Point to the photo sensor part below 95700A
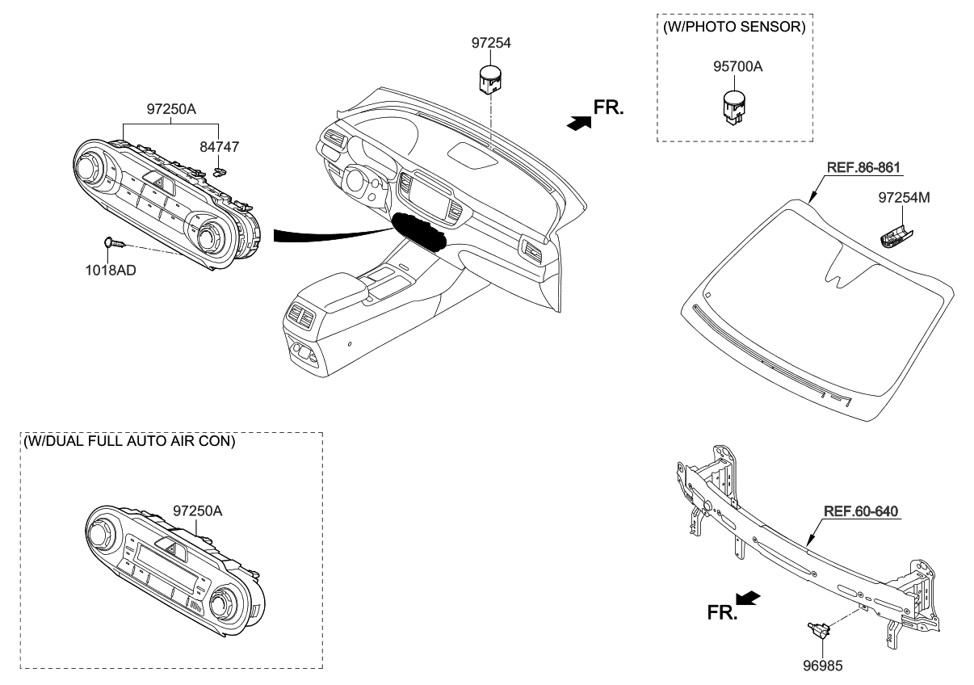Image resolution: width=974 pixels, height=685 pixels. (x=733, y=107)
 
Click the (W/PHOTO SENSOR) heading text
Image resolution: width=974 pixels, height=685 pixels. (x=733, y=27)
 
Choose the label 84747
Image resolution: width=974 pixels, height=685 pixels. (x=220, y=147)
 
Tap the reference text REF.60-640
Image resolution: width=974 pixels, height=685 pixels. (x=861, y=511)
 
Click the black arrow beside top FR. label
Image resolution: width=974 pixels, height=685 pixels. (x=579, y=122)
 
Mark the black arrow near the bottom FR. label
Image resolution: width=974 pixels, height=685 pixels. (x=749, y=599)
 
